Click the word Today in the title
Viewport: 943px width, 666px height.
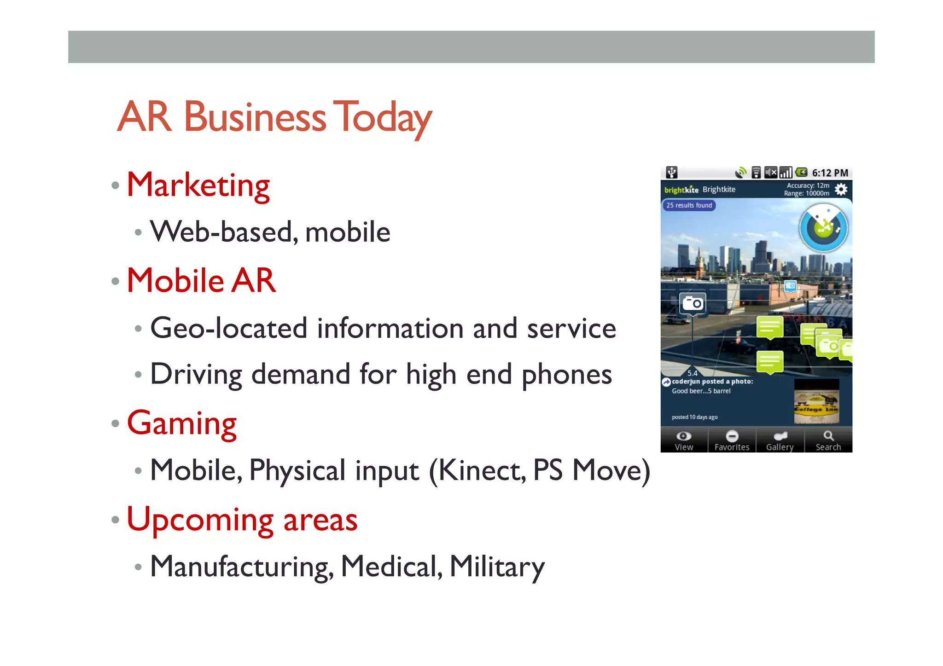click(382, 117)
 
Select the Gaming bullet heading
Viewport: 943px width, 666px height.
click(181, 423)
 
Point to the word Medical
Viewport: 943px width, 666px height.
click(391, 566)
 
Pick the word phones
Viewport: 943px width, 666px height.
click(566, 375)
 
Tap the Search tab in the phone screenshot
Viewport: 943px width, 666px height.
click(828, 440)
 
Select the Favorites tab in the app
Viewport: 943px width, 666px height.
click(732, 440)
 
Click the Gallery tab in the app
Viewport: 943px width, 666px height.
click(780, 440)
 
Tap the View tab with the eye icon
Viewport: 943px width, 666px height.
click(684, 440)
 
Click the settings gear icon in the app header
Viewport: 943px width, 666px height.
click(841, 189)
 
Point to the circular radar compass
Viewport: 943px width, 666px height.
click(823, 228)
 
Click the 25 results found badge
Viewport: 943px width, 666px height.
click(689, 205)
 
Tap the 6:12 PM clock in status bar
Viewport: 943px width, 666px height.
click(830, 173)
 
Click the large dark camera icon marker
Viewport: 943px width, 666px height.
click(693, 303)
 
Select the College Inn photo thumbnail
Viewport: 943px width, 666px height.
click(816, 401)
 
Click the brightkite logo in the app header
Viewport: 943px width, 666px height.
click(681, 190)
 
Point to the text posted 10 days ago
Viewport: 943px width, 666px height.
click(694, 417)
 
